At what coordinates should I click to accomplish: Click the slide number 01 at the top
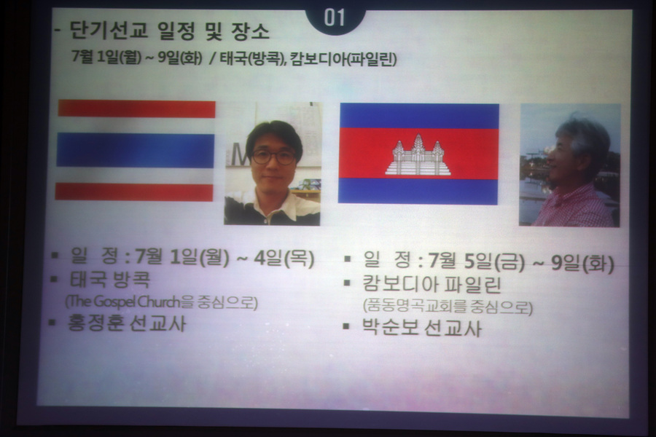[x=334, y=18]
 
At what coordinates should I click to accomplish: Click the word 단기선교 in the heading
[x=109, y=31]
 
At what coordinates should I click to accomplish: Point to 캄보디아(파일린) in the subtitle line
[x=343, y=59]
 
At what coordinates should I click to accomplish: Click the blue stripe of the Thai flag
[x=135, y=151]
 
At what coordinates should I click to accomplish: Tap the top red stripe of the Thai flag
[x=137, y=109]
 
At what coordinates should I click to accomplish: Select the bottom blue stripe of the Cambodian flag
[x=418, y=191]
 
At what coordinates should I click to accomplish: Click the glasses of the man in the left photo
[x=273, y=157]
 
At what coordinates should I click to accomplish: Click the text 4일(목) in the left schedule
[x=284, y=258]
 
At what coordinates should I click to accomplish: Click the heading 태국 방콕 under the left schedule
[x=109, y=280]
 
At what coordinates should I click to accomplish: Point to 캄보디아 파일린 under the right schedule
[x=432, y=284]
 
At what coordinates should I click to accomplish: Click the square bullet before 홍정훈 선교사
[x=52, y=323]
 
